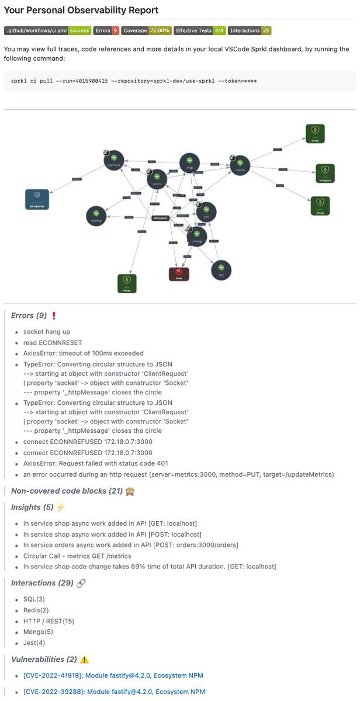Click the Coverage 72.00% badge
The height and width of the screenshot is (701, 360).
[x=146, y=30]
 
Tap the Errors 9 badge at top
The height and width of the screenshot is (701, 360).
[x=106, y=30]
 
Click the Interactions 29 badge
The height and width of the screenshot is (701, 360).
[x=250, y=30]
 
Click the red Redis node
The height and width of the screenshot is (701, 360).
[x=179, y=274]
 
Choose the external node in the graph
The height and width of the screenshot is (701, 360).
[x=96, y=216]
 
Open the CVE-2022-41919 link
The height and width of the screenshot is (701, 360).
[x=114, y=675]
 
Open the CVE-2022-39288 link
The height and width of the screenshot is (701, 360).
[x=114, y=692]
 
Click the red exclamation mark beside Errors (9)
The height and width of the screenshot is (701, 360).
[x=54, y=316]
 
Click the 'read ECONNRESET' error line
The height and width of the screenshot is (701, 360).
[x=44, y=342]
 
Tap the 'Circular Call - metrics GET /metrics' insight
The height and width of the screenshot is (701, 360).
[x=77, y=556]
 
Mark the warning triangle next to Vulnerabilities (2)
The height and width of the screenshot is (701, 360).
[x=85, y=660]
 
